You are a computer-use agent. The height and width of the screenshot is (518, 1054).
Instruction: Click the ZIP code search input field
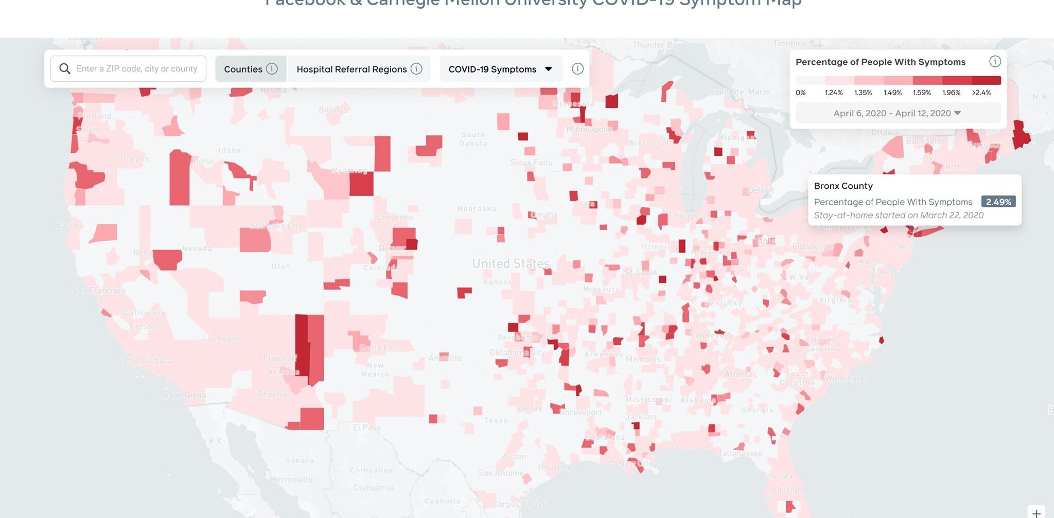click(136, 69)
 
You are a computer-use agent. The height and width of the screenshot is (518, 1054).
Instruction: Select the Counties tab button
click(243, 69)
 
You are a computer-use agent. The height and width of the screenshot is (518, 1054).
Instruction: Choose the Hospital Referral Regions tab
click(352, 69)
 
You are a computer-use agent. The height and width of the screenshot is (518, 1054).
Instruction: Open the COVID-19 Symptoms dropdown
click(500, 69)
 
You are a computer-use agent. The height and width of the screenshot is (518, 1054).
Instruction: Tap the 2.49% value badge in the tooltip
click(998, 202)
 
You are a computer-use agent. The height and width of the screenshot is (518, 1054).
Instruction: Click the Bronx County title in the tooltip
click(843, 186)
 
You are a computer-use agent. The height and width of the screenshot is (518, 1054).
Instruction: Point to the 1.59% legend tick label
click(921, 93)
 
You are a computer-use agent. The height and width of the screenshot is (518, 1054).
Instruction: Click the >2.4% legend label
click(981, 93)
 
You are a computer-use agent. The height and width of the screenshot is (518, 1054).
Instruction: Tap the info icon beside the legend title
click(995, 62)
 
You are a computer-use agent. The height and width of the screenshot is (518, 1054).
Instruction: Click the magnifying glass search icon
click(65, 69)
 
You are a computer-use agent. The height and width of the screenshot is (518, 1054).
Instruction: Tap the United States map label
click(511, 264)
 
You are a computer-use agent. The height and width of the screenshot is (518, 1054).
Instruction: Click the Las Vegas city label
click(221, 338)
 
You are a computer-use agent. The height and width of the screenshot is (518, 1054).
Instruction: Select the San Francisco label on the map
click(99, 291)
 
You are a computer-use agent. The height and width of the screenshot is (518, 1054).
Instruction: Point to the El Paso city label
click(367, 427)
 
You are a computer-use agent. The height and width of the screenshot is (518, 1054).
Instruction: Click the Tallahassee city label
click(740, 453)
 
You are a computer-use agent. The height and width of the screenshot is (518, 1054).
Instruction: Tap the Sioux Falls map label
click(531, 163)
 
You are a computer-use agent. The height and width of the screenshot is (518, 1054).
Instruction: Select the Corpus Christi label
click(520, 504)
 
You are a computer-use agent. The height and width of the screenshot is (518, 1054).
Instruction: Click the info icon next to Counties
click(272, 69)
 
